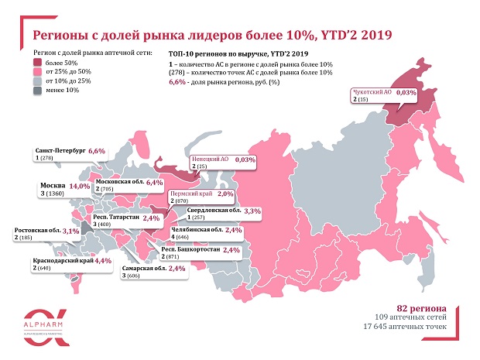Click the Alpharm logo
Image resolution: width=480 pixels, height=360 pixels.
(x=46, y=327)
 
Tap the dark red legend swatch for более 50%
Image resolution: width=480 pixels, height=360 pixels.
(x=37, y=63)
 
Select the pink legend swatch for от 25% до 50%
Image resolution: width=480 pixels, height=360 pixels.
(x=37, y=72)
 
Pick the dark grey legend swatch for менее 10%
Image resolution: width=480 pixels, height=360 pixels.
(x=37, y=91)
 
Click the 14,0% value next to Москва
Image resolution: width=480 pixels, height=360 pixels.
(x=80, y=186)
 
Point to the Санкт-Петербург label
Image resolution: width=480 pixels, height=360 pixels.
(x=60, y=151)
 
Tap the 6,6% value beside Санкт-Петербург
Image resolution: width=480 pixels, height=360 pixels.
(x=97, y=151)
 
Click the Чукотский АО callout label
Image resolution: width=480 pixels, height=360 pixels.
(x=372, y=92)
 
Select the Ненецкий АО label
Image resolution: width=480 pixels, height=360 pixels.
(x=210, y=159)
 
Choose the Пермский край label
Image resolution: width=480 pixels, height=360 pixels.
(x=191, y=194)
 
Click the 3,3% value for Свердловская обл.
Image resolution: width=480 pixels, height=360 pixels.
(x=252, y=211)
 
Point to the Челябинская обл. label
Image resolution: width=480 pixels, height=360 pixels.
(x=197, y=230)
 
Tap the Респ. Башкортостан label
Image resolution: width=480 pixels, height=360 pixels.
(x=190, y=249)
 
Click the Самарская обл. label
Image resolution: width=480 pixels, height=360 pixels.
(x=144, y=269)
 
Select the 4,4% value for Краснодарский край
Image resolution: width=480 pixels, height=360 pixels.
(x=103, y=261)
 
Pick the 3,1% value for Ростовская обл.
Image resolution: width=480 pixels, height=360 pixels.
(x=71, y=231)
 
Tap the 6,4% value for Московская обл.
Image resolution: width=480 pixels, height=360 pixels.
(x=155, y=183)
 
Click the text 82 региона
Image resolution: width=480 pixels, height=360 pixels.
(x=421, y=308)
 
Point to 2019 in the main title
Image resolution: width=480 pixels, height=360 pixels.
(x=376, y=35)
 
